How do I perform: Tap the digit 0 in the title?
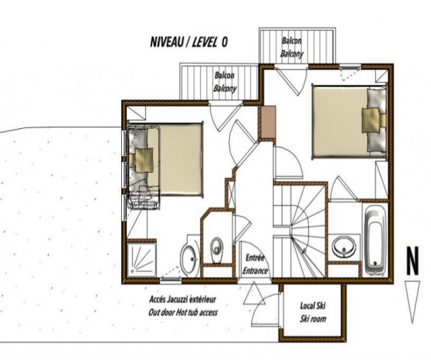pos(224,42)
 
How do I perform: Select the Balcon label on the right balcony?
pos(292,40)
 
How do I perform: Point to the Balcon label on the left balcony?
pos(224,76)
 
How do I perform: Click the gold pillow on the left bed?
pos(145,160)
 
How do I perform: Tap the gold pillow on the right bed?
pos(371,122)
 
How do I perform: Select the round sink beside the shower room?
pos(189,257)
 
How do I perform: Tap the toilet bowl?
pos(217,248)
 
